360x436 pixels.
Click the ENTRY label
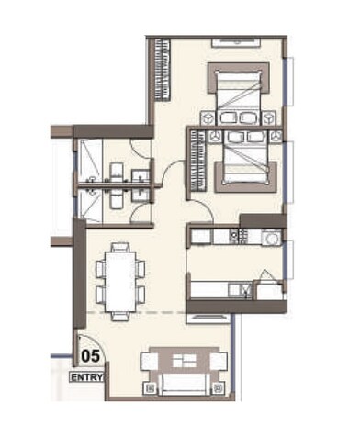point(88,376)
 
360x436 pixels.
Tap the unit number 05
point(91,353)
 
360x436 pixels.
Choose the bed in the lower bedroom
point(242,161)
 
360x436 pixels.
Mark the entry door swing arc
point(81,341)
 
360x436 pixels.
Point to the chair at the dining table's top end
point(118,246)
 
